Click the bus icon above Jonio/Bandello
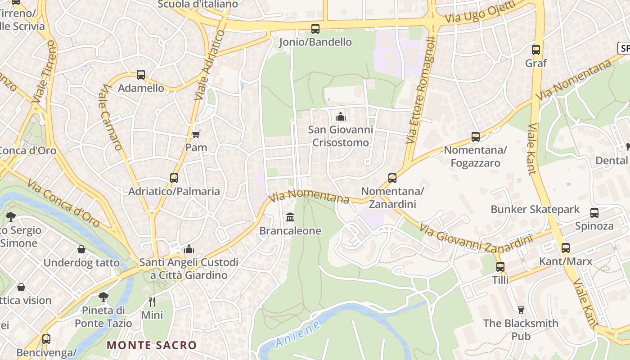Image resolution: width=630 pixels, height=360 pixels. [x=315, y=29]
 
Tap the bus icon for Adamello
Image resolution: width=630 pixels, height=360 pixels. [x=141, y=75]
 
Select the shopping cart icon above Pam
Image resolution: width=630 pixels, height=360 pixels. [x=196, y=134]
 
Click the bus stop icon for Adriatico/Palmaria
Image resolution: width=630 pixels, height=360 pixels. [x=174, y=178]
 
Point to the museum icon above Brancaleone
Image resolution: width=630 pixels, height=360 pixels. [x=290, y=217]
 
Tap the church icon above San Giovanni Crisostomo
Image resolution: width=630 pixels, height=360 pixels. [x=341, y=117]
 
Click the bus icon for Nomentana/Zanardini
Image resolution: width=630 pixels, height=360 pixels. [x=392, y=178]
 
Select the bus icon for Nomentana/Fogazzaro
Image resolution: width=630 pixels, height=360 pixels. [x=476, y=137]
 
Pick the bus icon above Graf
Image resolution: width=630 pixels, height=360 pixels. [x=536, y=50]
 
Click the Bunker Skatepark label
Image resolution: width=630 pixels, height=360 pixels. [x=535, y=209]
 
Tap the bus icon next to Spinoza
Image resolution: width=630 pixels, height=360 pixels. [x=594, y=213]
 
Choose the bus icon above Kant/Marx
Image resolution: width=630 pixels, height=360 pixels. [x=566, y=248]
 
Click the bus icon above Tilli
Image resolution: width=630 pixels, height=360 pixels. [x=500, y=267]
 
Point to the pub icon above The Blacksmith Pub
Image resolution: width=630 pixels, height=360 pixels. [x=521, y=310]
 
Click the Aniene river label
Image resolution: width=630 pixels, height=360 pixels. [x=297, y=334]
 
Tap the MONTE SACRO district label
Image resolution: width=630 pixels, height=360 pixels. [x=152, y=346]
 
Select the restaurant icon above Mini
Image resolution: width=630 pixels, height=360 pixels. [x=152, y=301]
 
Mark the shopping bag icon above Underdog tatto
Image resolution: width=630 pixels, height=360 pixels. [x=81, y=249]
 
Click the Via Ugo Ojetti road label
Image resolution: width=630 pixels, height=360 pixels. [x=480, y=13]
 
